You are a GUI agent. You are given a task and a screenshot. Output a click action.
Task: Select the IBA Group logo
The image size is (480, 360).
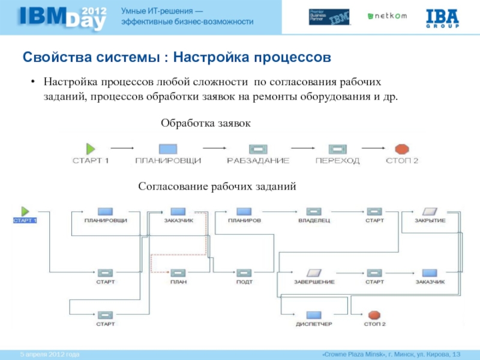pos(442,17)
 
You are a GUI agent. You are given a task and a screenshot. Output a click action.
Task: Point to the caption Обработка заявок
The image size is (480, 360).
pos(205,122)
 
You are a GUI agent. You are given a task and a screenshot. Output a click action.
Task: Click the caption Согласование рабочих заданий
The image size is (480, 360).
pos(218,187)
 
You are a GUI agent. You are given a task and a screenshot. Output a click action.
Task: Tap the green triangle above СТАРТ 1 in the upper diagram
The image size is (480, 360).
pos(91,148)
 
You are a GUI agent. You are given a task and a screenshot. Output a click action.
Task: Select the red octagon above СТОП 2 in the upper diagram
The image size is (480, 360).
pos(401,148)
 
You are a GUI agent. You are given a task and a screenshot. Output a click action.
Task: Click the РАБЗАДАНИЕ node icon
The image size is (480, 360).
pos(258,148)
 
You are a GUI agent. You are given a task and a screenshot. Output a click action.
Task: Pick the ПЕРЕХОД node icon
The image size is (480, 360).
pos(337,148)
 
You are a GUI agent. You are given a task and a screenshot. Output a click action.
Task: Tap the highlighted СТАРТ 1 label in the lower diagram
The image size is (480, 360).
pos(25,220)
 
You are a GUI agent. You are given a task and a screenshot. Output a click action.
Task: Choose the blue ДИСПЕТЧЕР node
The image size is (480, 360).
pos(314,315)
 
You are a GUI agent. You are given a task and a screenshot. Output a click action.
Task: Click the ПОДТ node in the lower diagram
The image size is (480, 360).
pos(244,272)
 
